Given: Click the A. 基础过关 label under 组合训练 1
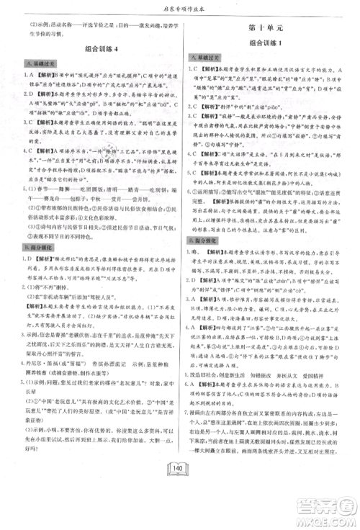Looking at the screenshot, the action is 208,56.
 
